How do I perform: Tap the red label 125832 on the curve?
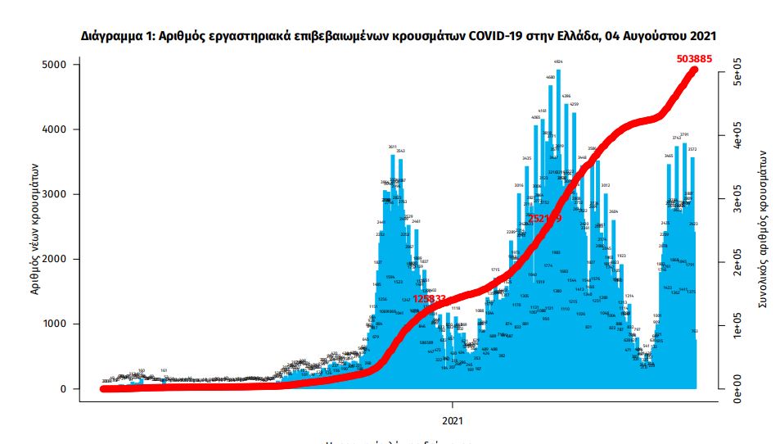coord(430,299)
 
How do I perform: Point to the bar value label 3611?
coord(392,146)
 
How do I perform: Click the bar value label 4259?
coord(574,104)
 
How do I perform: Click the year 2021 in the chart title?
coord(701,36)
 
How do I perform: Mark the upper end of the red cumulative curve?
coord(695,70)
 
